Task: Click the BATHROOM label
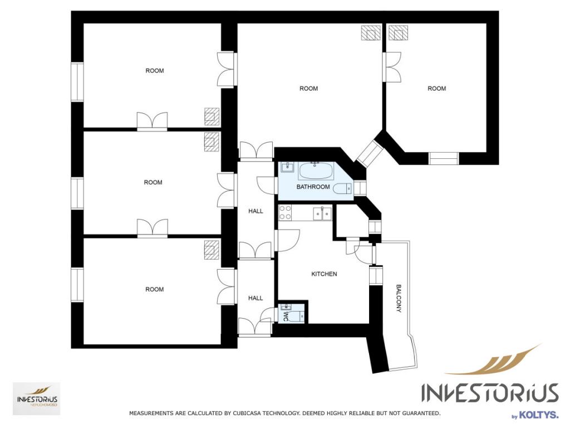point(313,187)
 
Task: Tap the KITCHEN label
point(324,274)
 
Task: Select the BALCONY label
point(399,299)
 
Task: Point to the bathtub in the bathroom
point(316,171)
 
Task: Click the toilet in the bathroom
point(343,188)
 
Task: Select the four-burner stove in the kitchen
point(285,212)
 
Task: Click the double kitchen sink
point(322,213)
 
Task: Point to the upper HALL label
point(255,211)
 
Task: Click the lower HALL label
point(255,298)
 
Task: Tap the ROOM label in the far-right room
point(436,89)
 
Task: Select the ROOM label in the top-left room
point(155,71)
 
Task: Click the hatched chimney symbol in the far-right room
point(398,33)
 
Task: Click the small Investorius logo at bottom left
point(37,399)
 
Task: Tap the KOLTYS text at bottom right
point(538,415)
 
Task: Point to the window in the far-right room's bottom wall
point(444,159)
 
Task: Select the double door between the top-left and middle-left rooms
point(153,121)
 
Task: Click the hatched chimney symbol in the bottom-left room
point(212,250)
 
